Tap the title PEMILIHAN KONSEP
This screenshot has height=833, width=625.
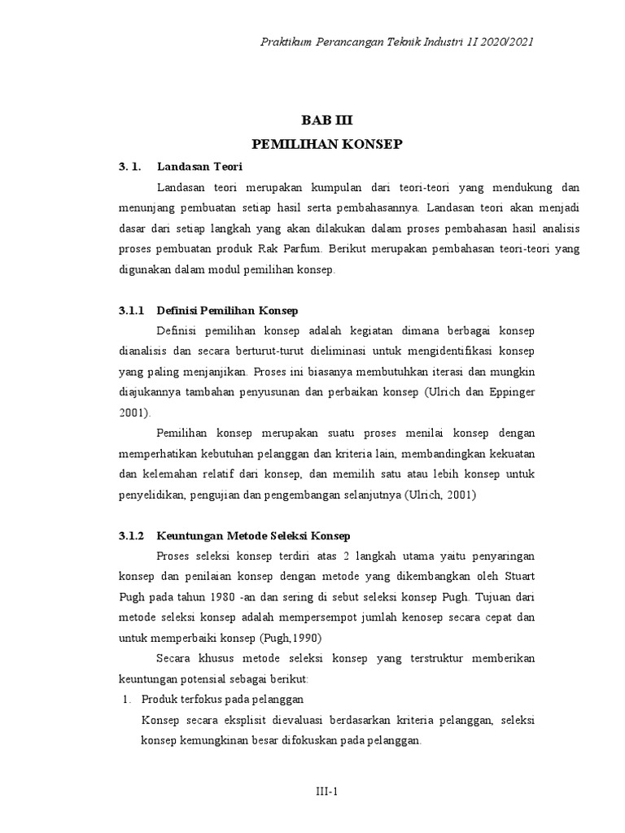(x=317, y=144)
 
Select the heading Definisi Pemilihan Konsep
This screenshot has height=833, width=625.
(x=227, y=311)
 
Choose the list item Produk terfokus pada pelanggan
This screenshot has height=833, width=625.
(x=222, y=699)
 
